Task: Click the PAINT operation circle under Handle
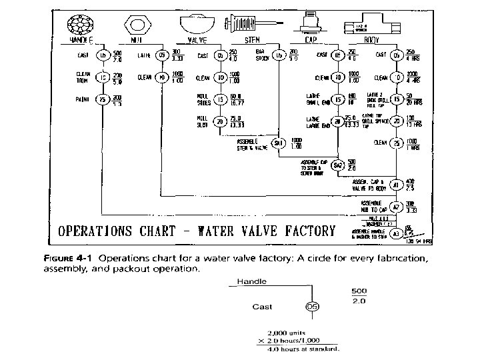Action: pos(103,101)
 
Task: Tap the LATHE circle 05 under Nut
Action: pos(161,55)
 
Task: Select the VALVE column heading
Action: pos(197,40)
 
